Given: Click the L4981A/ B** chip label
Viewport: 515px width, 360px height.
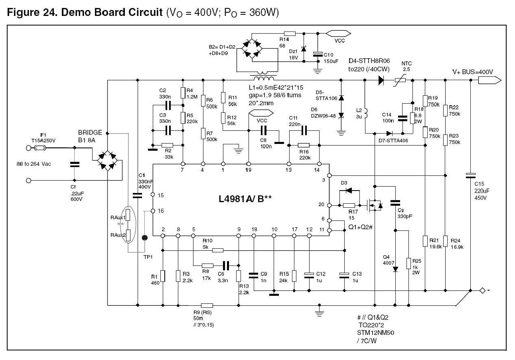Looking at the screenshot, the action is pyautogui.click(x=245, y=199).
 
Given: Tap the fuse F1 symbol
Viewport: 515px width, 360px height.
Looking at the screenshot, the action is pyautogui.click(x=40, y=148).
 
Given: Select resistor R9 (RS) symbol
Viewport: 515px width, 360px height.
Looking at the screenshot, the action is pyautogui.click(x=207, y=305).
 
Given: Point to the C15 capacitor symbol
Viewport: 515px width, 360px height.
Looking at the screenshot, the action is pyautogui.click(x=470, y=176).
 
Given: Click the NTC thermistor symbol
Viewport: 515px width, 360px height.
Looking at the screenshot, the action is pyautogui.click(x=400, y=81).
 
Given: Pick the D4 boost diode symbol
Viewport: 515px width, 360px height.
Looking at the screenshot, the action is pyautogui.click(x=381, y=80).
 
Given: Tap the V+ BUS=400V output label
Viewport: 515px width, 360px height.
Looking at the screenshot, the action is pyautogui.click(x=473, y=72).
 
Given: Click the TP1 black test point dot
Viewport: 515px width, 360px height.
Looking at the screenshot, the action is pyautogui.click(x=145, y=238).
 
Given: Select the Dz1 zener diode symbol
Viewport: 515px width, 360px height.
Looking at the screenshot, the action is pyautogui.click(x=304, y=49).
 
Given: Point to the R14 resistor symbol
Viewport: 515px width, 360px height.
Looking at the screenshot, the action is pyautogui.click(x=290, y=33).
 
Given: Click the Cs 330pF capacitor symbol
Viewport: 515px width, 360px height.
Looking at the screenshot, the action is pyautogui.click(x=395, y=203).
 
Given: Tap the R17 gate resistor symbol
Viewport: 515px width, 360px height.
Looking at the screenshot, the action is pyautogui.click(x=349, y=205).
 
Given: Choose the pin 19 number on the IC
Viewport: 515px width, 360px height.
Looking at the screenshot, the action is pyautogui.click(x=248, y=170).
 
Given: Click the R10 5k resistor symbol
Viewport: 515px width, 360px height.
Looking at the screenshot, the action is pyautogui.click(x=217, y=250).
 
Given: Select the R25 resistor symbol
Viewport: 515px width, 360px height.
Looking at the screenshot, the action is pyautogui.click(x=408, y=264).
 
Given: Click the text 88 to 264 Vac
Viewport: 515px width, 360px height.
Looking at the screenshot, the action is pyautogui.click(x=34, y=164).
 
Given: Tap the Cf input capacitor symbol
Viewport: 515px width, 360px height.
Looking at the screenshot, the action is pyautogui.click(x=75, y=165).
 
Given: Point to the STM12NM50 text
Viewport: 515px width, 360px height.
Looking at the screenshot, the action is pyautogui.click(x=375, y=332).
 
